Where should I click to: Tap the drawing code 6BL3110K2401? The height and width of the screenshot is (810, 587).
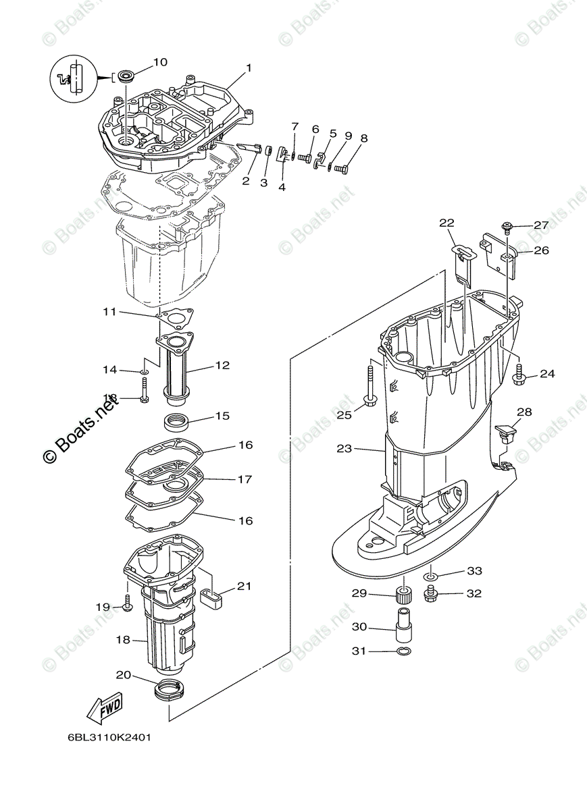pyautogui.click(x=109, y=737)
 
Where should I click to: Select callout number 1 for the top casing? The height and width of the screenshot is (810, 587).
pyautogui.click(x=249, y=67)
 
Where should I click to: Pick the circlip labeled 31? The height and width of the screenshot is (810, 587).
pyautogui.click(x=403, y=651)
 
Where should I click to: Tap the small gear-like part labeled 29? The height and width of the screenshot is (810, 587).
pyautogui.click(x=405, y=597)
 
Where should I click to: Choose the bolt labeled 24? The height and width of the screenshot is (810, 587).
pyautogui.click(x=519, y=375)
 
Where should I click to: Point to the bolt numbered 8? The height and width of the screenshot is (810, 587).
pyautogui.click(x=340, y=168)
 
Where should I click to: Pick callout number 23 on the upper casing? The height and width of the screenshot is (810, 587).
pyautogui.click(x=344, y=448)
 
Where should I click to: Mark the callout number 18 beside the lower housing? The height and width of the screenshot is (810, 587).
pyautogui.click(x=123, y=639)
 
